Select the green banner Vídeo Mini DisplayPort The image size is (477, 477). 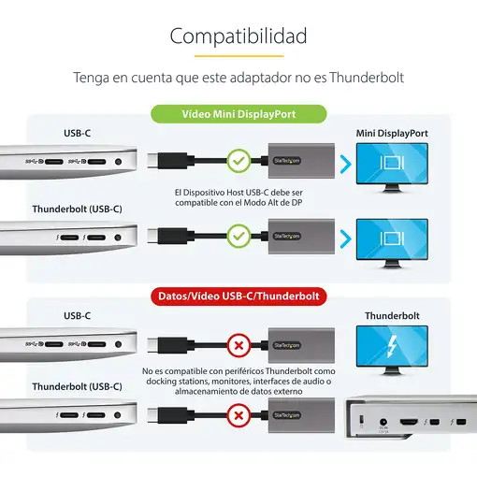pos(238,114)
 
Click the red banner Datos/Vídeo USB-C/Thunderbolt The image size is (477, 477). pos(238,296)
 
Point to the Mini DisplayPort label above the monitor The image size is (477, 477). pos(392,134)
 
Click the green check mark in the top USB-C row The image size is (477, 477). pos(239,162)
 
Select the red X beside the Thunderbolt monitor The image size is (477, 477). pos(239,345)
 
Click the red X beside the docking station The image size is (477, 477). pos(239,414)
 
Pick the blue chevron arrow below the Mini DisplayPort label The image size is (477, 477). pos(345,166)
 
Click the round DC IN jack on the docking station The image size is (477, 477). pos(382,426)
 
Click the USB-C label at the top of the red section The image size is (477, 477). pos(77,316)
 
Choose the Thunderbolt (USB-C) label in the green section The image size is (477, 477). pos(77,209)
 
